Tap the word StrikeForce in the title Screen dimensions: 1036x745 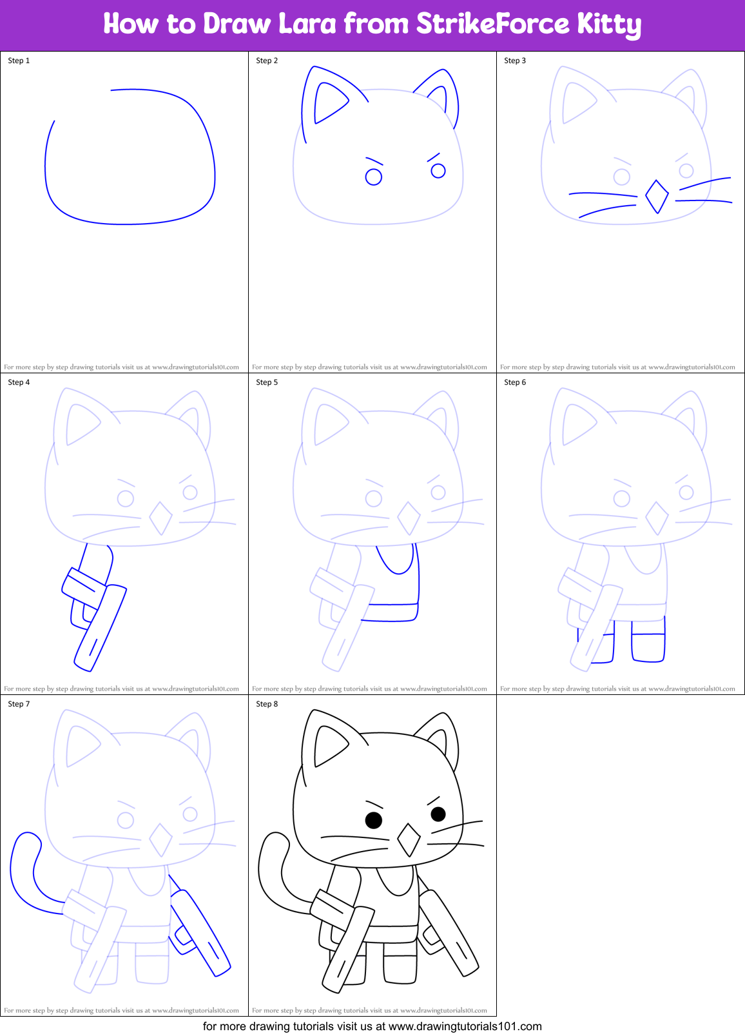(x=492, y=24)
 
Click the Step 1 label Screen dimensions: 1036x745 (x=19, y=61)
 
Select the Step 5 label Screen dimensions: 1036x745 (x=267, y=382)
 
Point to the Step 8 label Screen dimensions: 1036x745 (x=267, y=704)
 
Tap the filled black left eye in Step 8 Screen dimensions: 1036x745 (x=374, y=820)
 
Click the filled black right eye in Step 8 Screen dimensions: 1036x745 (x=438, y=814)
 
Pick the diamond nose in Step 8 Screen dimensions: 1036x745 (x=409, y=840)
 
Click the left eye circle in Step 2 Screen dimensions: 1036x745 (x=374, y=177)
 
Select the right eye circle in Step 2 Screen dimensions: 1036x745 (x=438, y=170)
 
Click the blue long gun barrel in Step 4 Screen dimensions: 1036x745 (x=101, y=629)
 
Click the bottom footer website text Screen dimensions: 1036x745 (x=372, y=1026)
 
